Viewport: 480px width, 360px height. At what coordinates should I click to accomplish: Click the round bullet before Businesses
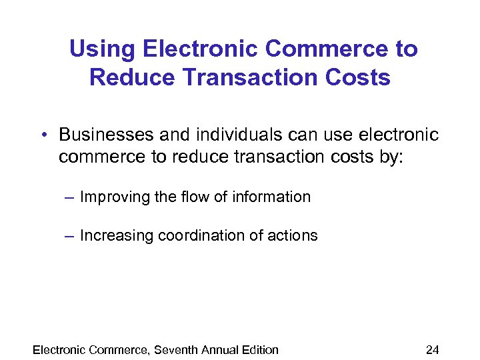43,135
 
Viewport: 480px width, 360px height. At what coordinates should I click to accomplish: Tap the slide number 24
433,349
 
